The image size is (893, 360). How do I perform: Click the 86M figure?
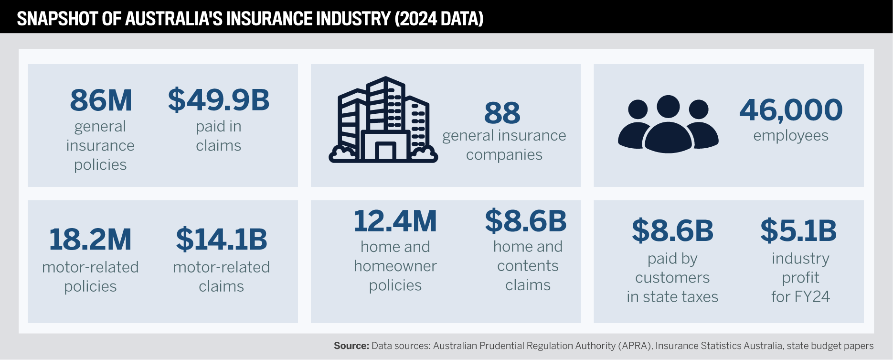pyautogui.click(x=101, y=100)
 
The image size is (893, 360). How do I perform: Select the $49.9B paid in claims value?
pyautogui.click(x=218, y=100)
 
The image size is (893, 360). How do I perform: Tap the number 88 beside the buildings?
pyautogui.click(x=502, y=113)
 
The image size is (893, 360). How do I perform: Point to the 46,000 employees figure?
pyautogui.click(x=791, y=110)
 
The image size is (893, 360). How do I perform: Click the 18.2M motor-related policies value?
pyautogui.click(x=90, y=240)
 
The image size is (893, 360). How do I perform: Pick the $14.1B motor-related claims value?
pyautogui.click(x=221, y=240)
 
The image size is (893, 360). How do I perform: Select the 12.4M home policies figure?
pyautogui.click(x=395, y=221)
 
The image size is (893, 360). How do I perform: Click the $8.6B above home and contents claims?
pyautogui.click(x=526, y=221)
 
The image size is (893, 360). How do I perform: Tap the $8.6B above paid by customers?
pyautogui.click(x=672, y=230)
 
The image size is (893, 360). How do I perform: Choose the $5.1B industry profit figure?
pyautogui.click(x=798, y=230)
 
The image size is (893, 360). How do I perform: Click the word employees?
pyautogui.click(x=791, y=136)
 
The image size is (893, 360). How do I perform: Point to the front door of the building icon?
pyautogui.click(x=385, y=151)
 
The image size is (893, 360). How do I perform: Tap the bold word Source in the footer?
pyautogui.click(x=351, y=346)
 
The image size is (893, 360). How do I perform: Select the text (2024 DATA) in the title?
pyautogui.click(x=439, y=19)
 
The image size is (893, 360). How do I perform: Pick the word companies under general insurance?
pyautogui.click(x=504, y=155)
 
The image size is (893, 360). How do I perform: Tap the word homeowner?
pyautogui.click(x=395, y=266)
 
